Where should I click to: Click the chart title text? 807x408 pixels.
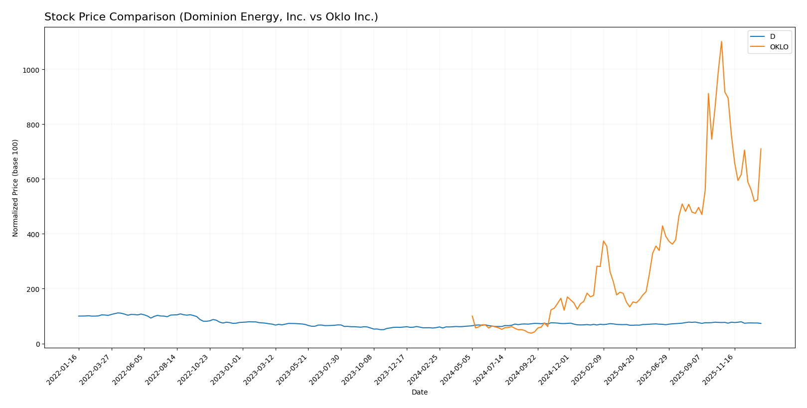[211, 17]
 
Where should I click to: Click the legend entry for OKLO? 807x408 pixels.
[779, 47]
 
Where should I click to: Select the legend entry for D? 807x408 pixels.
[773, 37]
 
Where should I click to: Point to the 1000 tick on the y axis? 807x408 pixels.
[31, 70]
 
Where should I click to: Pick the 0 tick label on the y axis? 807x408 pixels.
[37, 344]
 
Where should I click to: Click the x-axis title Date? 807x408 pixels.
[419, 393]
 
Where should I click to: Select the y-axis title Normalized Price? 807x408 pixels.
[15, 188]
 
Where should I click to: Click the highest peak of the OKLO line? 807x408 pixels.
[721, 42]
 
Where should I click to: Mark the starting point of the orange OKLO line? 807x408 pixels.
[472, 316]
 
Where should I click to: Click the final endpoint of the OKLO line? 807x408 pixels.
[761, 149]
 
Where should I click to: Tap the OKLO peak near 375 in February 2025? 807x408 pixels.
[603, 241]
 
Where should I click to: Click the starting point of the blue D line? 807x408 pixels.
[79, 316]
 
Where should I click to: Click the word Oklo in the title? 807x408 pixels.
[346, 17]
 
